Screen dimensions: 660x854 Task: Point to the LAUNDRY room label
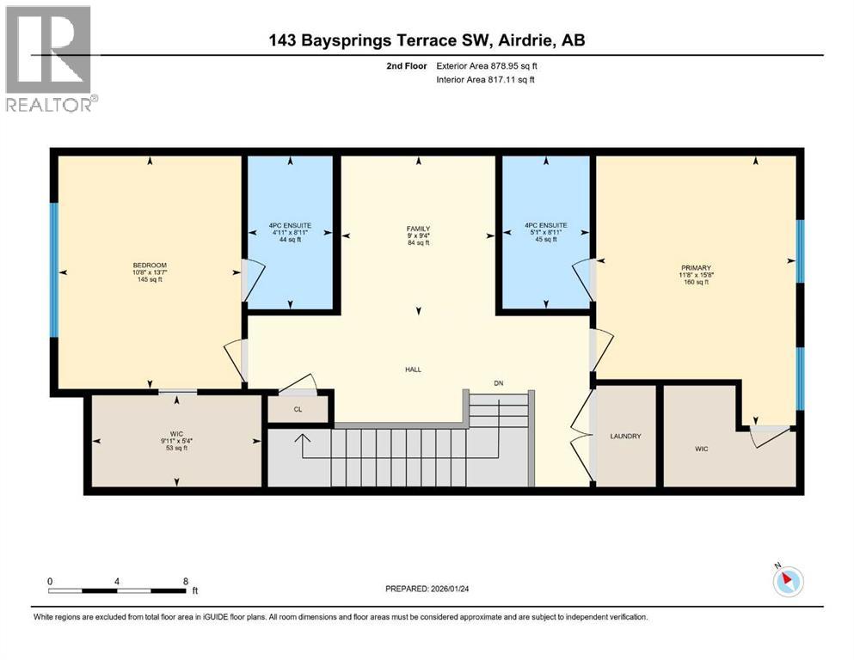(625, 437)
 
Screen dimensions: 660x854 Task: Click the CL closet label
(298, 410)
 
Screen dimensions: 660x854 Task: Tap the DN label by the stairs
(498, 382)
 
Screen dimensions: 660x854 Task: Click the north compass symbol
(787, 582)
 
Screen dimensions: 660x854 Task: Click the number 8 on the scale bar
(186, 581)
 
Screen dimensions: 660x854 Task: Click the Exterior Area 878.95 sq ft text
(488, 65)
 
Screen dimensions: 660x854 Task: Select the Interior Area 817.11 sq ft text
(488, 80)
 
